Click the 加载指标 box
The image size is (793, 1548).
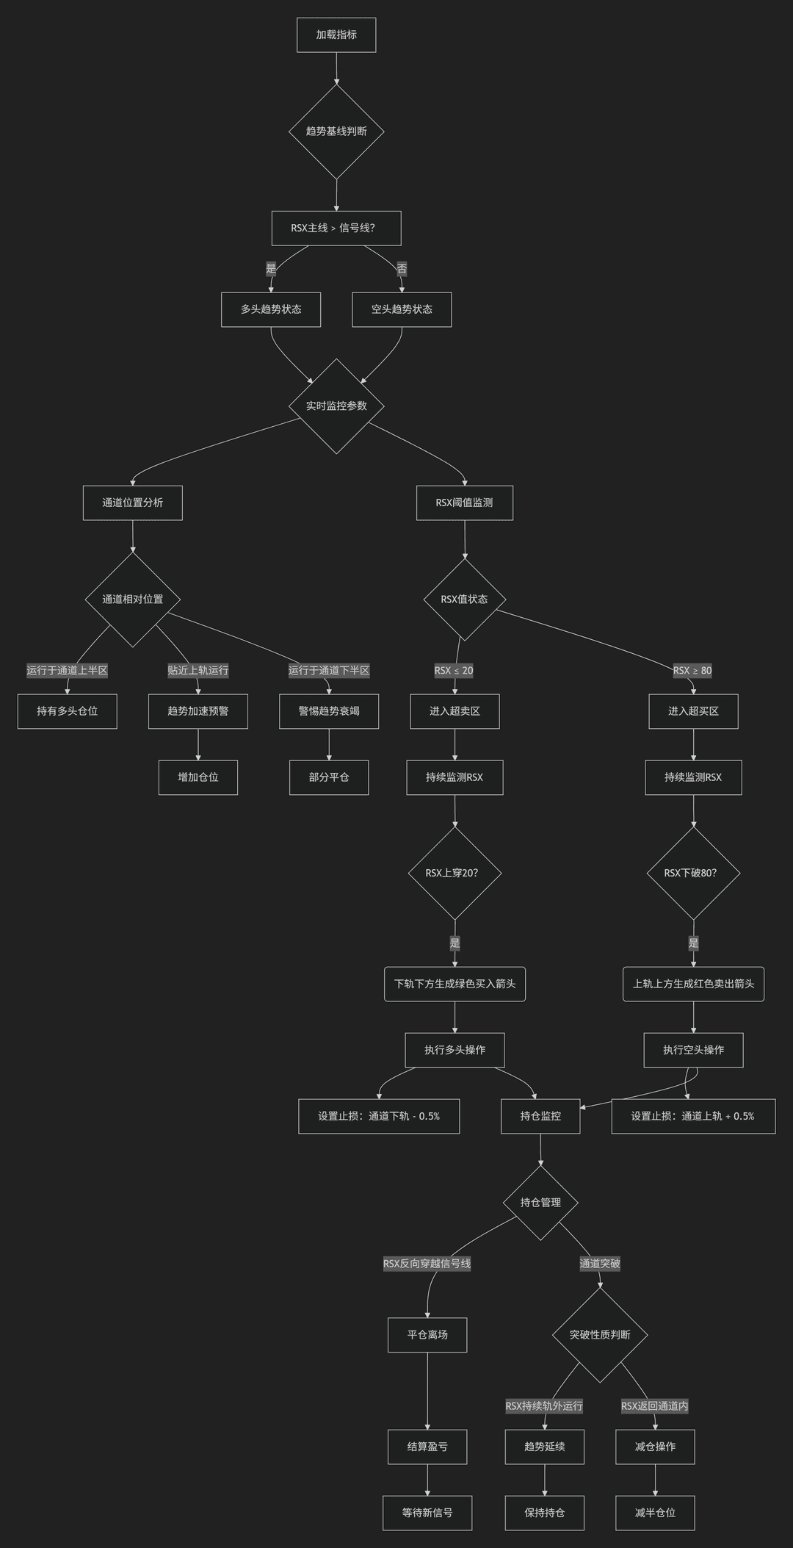pos(336,35)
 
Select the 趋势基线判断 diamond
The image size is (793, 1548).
pos(336,132)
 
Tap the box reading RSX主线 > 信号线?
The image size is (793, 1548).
pos(336,228)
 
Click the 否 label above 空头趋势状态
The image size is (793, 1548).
pos(402,269)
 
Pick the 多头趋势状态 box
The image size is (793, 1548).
pos(271,309)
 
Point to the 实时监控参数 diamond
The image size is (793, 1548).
pos(336,406)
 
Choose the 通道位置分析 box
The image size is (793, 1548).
pos(133,503)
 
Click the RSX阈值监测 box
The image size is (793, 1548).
pos(465,503)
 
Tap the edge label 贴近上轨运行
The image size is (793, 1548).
pos(198,670)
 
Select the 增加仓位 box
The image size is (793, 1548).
pos(198,777)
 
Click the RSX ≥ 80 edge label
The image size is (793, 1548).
pos(692,670)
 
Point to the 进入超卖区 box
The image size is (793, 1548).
pos(455,711)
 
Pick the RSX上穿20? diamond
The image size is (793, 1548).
pos(455,874)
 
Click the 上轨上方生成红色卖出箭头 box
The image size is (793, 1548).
pos(694,984)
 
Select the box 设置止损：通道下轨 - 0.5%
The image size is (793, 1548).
pos(379,1116)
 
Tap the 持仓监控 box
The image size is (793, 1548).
pos(540,1116)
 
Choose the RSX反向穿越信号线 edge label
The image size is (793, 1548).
pos(427,1264)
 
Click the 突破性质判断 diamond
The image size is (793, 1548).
pos(600,1335)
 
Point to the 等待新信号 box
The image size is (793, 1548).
pos(427,1513)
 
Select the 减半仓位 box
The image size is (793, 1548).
pos(655,1513)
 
